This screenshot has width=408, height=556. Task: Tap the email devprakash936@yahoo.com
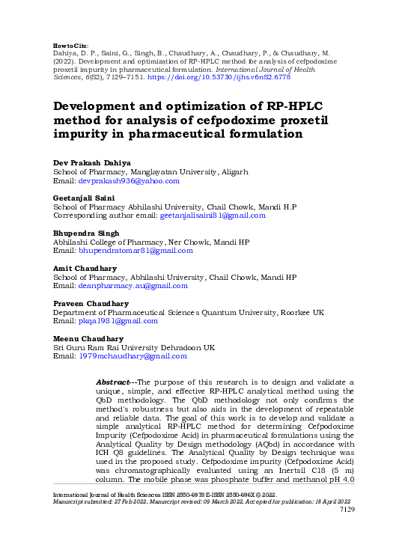click(x=130, y=180)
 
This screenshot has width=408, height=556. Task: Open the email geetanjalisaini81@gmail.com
click(x=213, y=215)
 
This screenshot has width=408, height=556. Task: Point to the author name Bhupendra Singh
click(x=85, y=233)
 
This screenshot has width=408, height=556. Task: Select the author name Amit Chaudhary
click(x=85, y=268)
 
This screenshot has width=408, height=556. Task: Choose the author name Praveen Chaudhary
click(x=91, y=303)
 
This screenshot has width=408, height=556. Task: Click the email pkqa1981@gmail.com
click(x=118, y=321)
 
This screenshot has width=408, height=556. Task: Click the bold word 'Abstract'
click(x=112, y=382)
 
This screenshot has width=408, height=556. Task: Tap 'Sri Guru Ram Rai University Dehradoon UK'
click(x=133, y=347)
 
